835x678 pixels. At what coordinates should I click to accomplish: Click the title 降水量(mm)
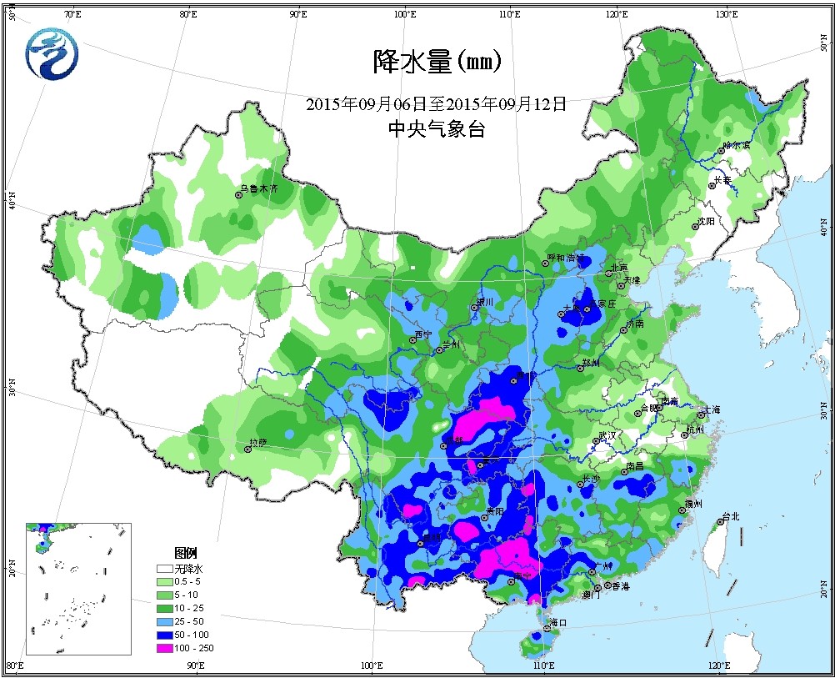[436, 62]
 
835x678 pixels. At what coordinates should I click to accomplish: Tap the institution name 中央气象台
[436, 129]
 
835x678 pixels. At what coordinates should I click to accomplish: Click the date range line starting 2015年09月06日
[436, 104]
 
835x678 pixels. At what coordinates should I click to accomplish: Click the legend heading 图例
[185, 553]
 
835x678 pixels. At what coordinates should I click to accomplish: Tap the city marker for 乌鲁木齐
[238, 194]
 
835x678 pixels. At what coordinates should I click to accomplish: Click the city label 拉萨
[259, 442]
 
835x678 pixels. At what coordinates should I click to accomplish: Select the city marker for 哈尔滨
[722, 152]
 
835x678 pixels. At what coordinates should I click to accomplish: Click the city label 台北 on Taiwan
[730, 516]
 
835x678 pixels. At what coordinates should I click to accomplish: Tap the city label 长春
[722, 179]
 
